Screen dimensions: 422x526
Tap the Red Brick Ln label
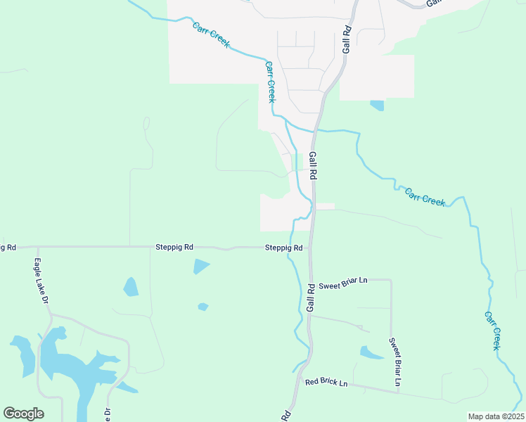(x=326, y=383)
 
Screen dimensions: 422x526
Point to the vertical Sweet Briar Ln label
(x=396, y=362)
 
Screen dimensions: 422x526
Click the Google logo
(x=23, y=413)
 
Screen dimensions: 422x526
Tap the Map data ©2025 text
(x=496, y=416)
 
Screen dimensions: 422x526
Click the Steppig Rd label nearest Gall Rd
(x=283, y=248)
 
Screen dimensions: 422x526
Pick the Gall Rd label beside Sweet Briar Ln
(x=310, y=297)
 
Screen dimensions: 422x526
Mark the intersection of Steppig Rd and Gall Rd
(x=311, y=248)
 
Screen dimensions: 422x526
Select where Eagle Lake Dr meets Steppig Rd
(x=37, y=248)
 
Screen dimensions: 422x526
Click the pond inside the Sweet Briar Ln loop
(x=371, y=352)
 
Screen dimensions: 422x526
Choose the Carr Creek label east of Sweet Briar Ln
(x=492, y=331)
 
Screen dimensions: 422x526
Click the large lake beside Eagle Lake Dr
(x=63, y=362)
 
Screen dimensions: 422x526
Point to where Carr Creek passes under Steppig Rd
(x=290, y=248)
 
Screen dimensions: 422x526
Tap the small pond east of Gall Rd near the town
(x=377, y=105)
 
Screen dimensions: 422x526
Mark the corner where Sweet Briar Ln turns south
(x=391, y=280)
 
